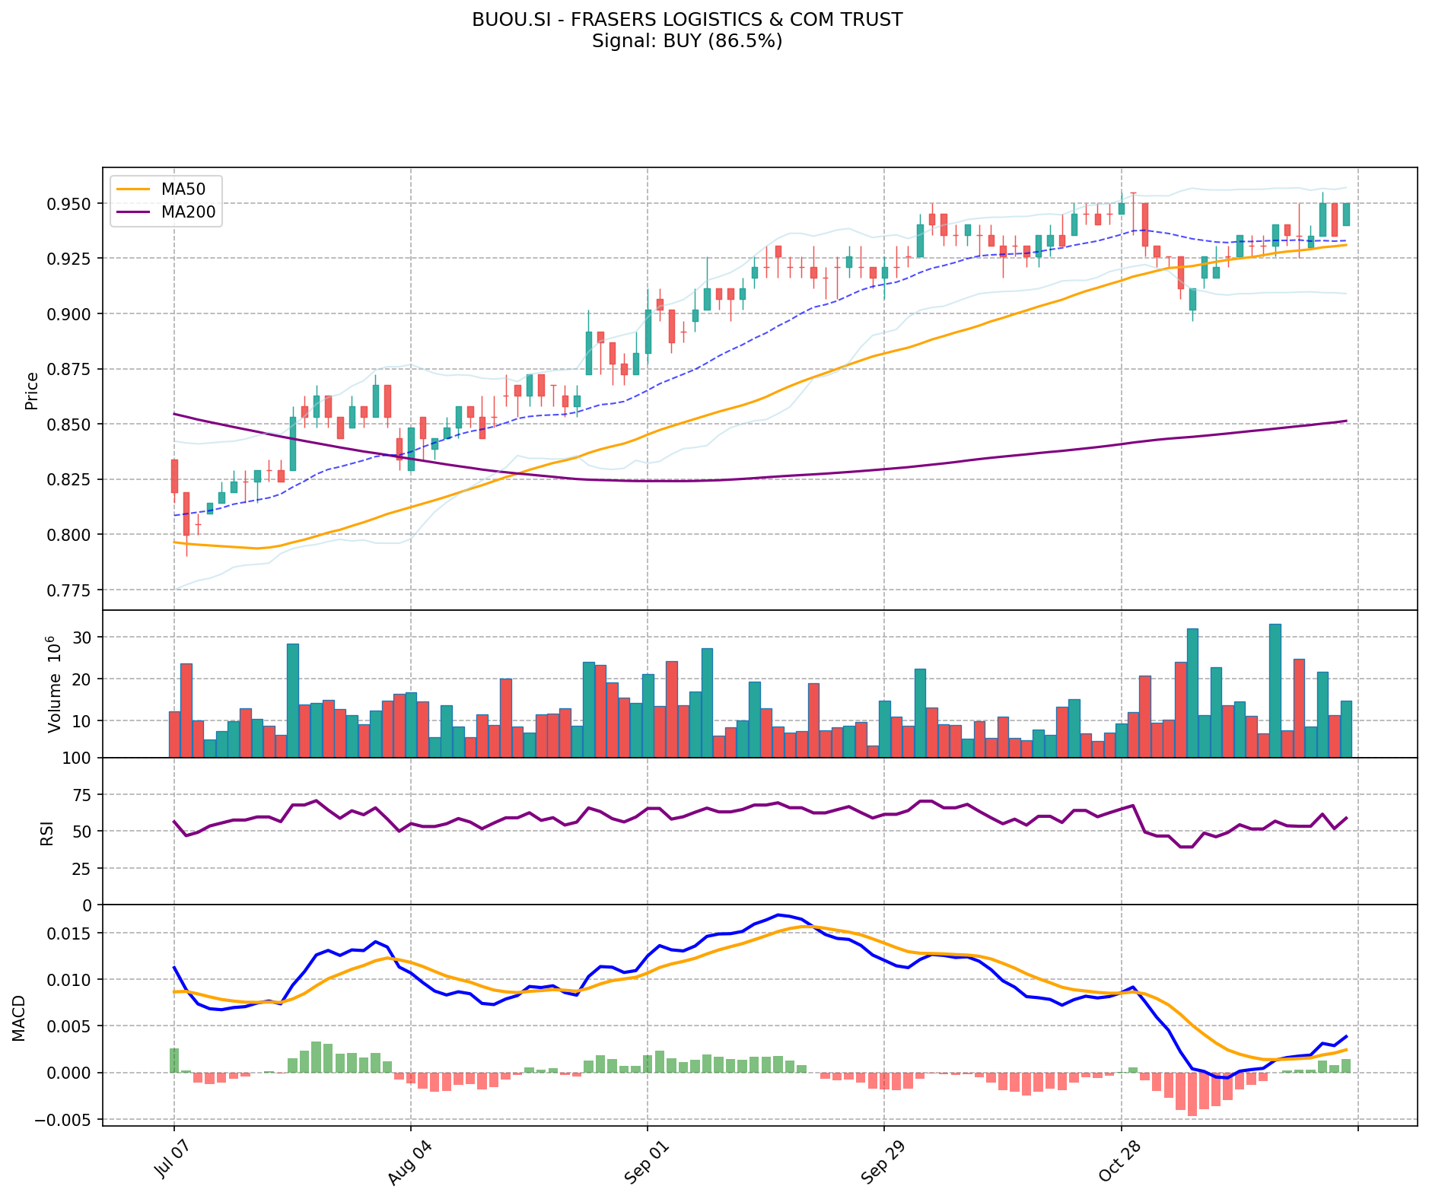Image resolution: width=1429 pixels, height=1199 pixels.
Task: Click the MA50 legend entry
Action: point(183,189)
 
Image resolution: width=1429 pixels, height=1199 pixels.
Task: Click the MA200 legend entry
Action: point(188,212)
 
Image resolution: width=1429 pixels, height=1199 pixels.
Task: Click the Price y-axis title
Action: point(32,390)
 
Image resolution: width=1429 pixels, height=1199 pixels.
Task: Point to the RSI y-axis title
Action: point(47,832)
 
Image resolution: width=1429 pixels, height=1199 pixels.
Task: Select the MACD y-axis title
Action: point(19,1018)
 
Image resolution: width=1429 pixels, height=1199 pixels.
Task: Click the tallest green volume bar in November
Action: point(1275,690)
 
